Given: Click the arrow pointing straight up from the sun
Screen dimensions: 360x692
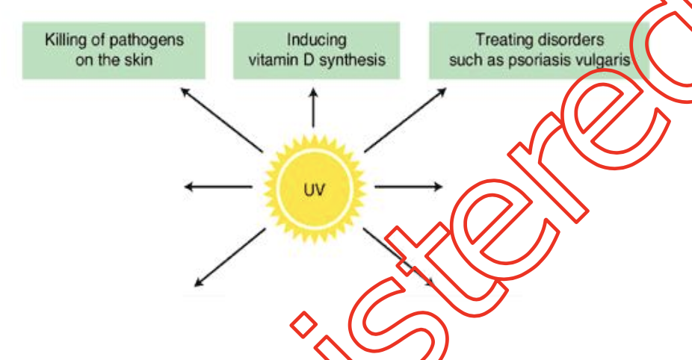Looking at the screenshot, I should (314, 108).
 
